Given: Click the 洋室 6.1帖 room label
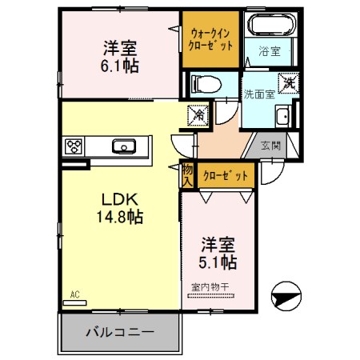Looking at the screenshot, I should click(120, 56).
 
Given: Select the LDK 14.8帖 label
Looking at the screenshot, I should click(121, 206).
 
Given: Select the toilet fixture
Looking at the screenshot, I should click(203, 83).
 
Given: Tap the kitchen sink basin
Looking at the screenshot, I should click(123, 146).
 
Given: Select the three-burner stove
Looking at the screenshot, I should click(74, 146).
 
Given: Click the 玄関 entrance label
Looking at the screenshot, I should click(270, 146).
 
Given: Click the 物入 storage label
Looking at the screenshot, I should click(187, 174).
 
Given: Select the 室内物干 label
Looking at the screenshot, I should click(209, 286).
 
